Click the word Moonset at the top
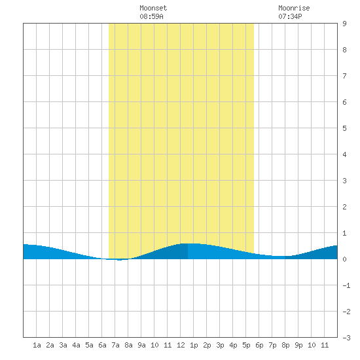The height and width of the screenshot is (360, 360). coord(153,8)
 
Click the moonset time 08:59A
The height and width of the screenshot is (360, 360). coord(151,16)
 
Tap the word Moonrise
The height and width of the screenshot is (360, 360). coord(294,8)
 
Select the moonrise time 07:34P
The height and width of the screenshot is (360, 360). coord(290,16)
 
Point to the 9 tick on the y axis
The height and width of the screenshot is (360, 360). coord(344,24)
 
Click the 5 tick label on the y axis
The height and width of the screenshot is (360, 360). coord(344,128)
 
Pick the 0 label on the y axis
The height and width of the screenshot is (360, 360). coord(344,259)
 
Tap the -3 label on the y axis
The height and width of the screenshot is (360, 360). coord(346,338)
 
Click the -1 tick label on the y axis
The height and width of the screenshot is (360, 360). coord(346,285)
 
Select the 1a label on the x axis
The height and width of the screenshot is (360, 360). coord(37,345)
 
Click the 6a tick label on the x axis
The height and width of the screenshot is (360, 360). coord(102,345)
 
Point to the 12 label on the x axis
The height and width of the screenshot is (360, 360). coord(181,345)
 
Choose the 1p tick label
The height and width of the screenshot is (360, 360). coord(194,345)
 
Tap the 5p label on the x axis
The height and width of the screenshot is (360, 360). coord(246,345)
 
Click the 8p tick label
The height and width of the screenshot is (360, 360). coord(285,345)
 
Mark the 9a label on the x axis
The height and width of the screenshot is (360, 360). coord(141,345)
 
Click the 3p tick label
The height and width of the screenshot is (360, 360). coord(220,345)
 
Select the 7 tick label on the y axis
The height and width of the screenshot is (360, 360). coord(344,76)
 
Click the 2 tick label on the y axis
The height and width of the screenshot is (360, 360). coord(344,207)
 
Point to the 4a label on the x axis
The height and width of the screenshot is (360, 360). coord(76,345)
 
